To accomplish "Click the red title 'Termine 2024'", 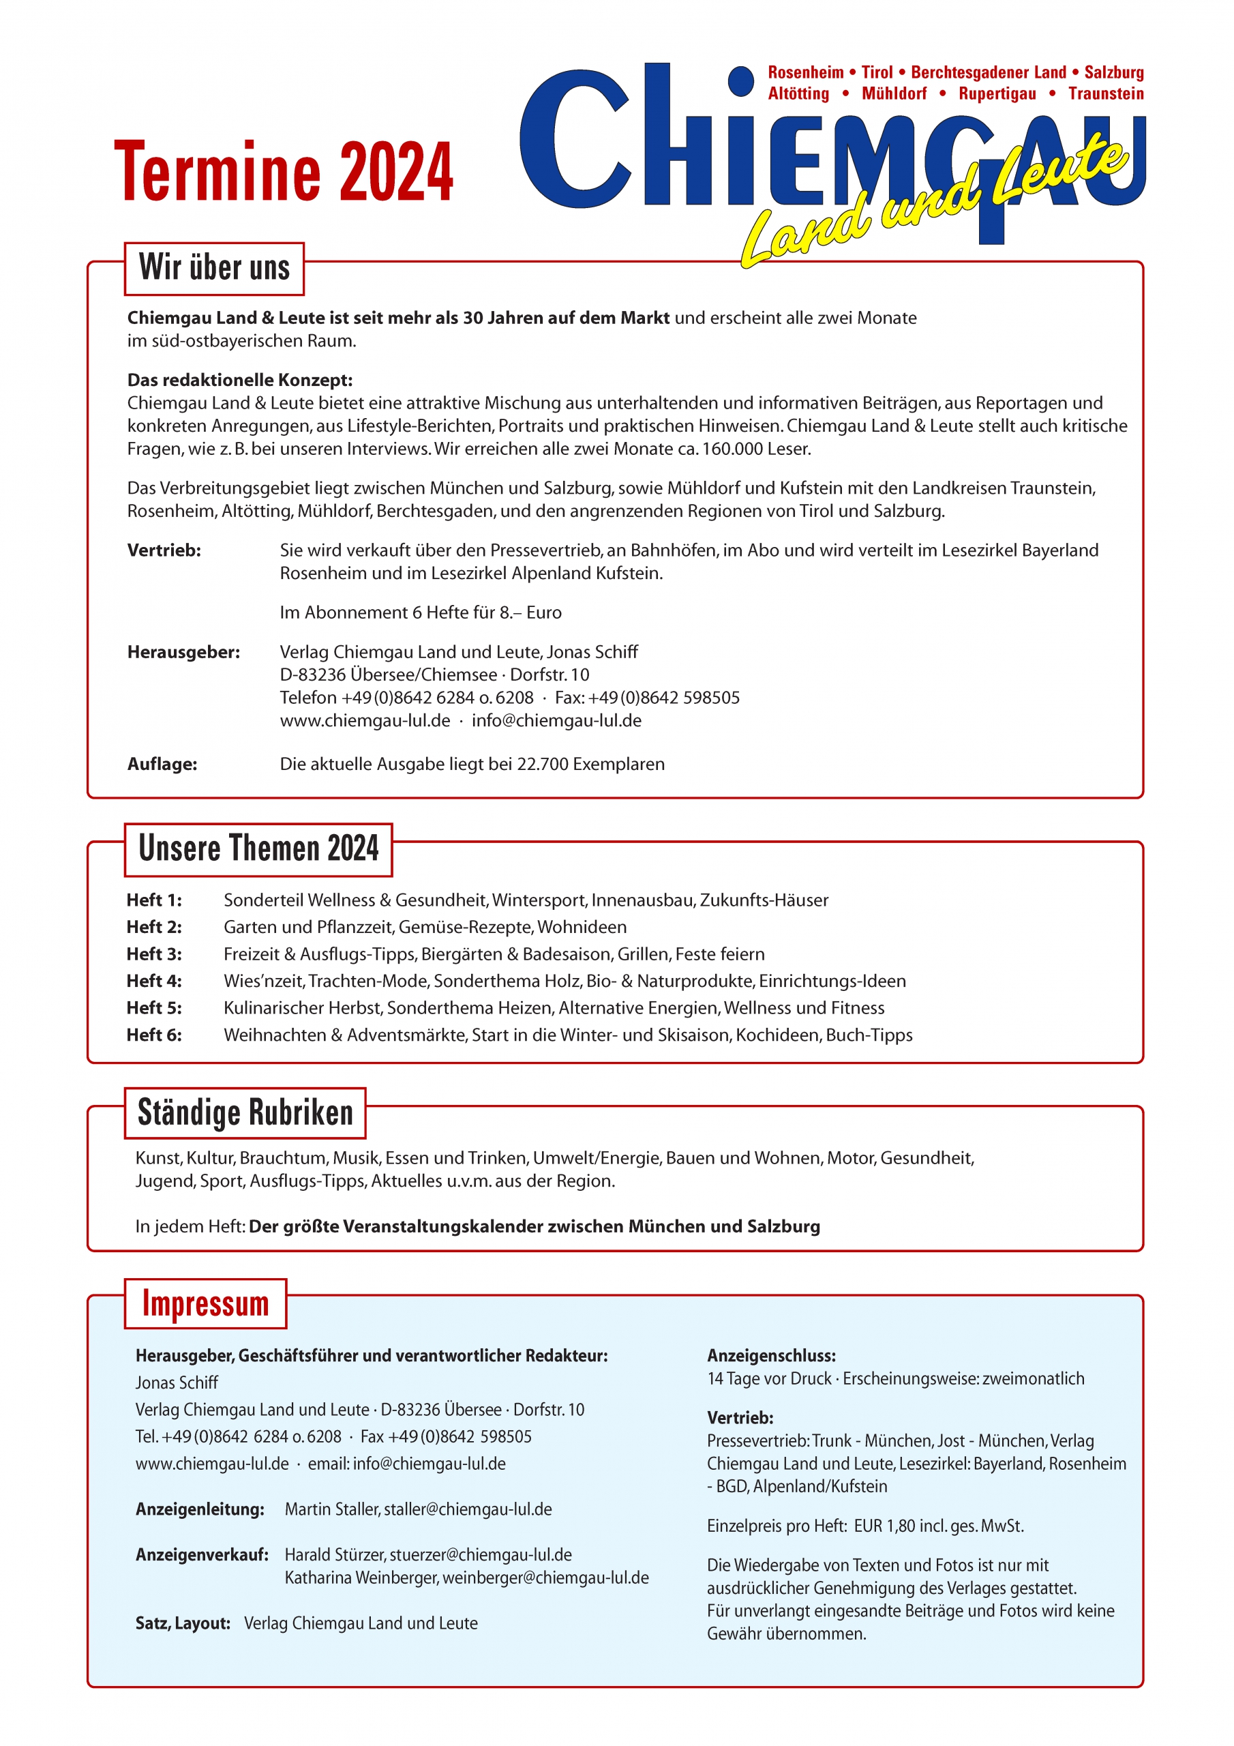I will (x=283, y=172).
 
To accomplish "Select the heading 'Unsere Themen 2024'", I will (x=258, y=848).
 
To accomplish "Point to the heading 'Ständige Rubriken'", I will (x=245, y=1112).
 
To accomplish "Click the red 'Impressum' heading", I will (x=205, y=1303).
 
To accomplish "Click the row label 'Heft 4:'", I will (x=154, y=981).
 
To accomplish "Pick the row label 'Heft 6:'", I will (x=154, y=1035).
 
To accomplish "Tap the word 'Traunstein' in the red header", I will (x=1106, y=93).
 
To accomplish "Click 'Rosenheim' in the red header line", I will (x=805, y=72).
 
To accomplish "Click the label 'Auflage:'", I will (x=162, y=765).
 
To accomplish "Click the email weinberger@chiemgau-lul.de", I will (x=545, y=1578).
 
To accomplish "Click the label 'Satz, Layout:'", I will (x=183, y=1623).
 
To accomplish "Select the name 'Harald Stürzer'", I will (x=334, y=1555).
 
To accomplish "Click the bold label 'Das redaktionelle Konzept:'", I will (x=239, y=380).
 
